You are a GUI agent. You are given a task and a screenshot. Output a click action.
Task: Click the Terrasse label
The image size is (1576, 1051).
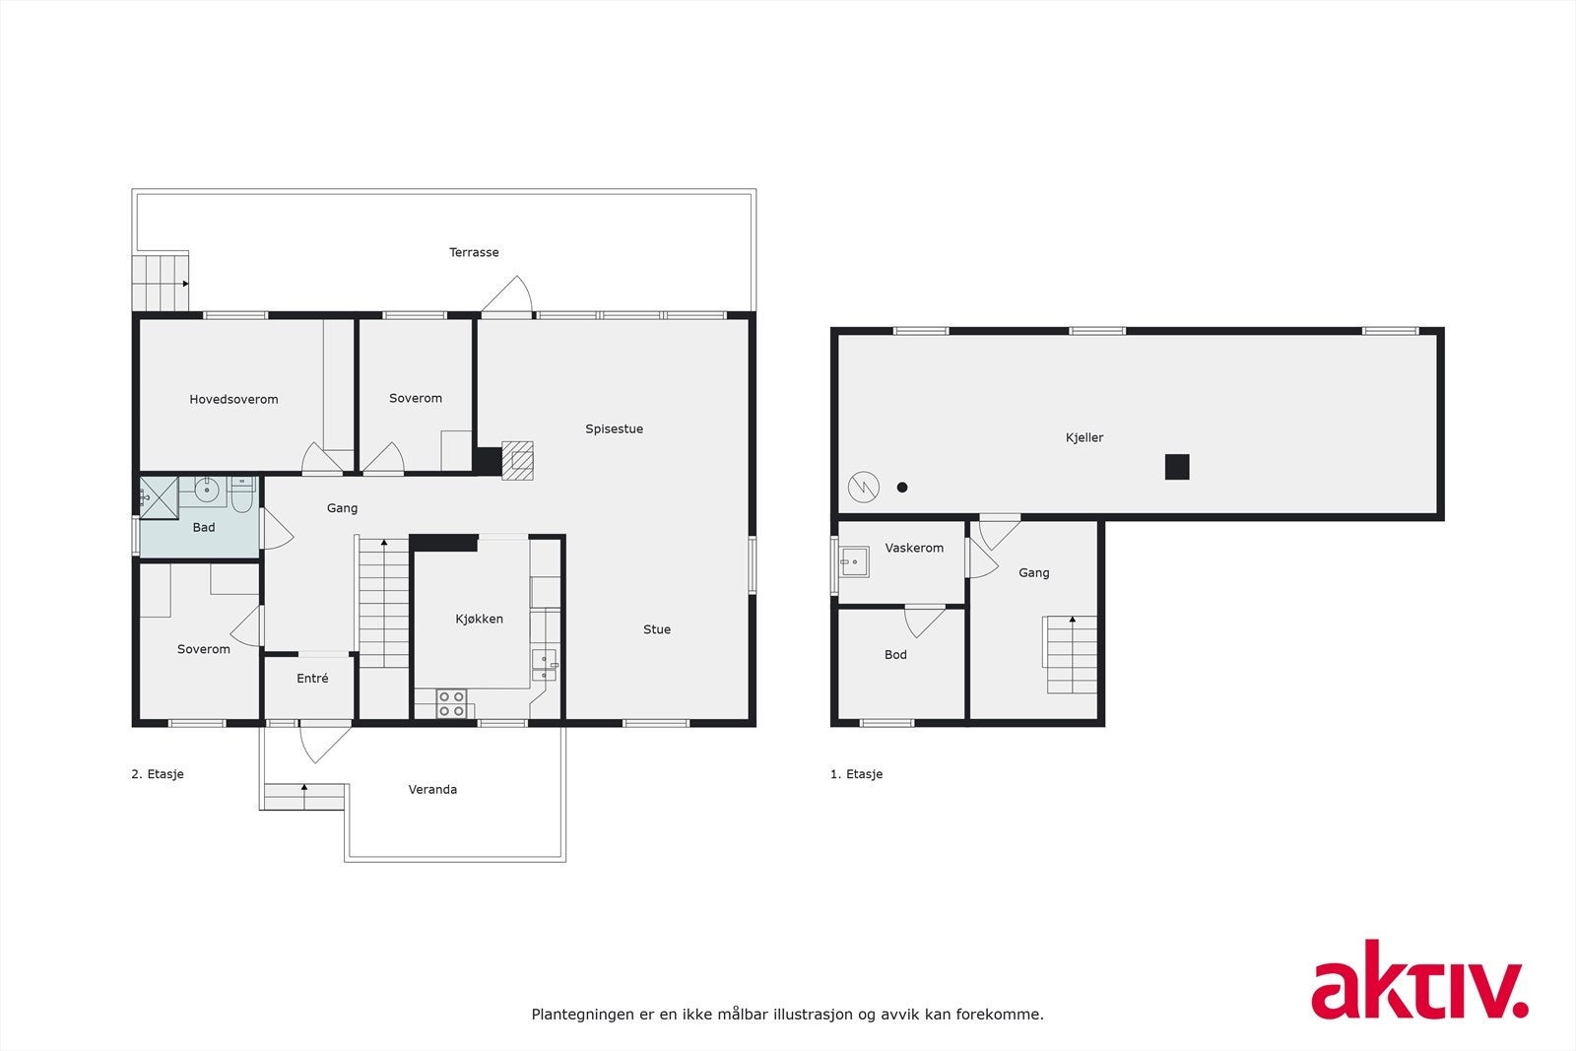(474, 252)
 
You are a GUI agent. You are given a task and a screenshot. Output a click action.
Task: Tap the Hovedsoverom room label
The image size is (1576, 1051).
(233, 399)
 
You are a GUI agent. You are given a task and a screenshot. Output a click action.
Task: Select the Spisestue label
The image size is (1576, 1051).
(614, 428)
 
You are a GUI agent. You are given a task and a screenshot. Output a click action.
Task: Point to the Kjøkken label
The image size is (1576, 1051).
(479, 619)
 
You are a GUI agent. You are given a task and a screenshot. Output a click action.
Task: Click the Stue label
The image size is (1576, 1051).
(657, 629)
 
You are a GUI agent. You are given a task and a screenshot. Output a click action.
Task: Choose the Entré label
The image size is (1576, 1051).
(312, 678)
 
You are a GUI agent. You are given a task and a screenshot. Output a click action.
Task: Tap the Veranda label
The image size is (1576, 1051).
(432, 789)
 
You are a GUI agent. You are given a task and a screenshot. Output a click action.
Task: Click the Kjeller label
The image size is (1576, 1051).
(1084, 437)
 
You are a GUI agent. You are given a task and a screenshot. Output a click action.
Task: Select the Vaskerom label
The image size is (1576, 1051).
(914, 548)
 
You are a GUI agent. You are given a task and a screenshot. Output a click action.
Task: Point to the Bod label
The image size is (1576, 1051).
(895, 654)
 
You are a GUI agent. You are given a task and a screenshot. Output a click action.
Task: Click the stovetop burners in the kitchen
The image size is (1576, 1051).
(451, 703)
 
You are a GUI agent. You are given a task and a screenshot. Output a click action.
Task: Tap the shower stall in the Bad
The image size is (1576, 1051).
(159, 496)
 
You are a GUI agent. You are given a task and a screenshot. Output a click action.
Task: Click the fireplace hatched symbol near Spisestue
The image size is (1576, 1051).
(517, 460)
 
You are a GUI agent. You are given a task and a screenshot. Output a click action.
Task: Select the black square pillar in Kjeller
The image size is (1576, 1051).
(1177, 467)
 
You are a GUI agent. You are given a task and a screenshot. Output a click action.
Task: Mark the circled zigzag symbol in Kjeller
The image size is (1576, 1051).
(864, 487)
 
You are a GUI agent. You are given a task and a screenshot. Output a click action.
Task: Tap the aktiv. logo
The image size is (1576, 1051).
(1418, 980)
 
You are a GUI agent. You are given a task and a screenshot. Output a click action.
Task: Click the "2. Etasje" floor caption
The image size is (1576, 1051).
(158, 774)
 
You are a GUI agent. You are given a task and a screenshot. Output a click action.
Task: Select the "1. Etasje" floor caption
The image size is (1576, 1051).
(856, 774)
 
